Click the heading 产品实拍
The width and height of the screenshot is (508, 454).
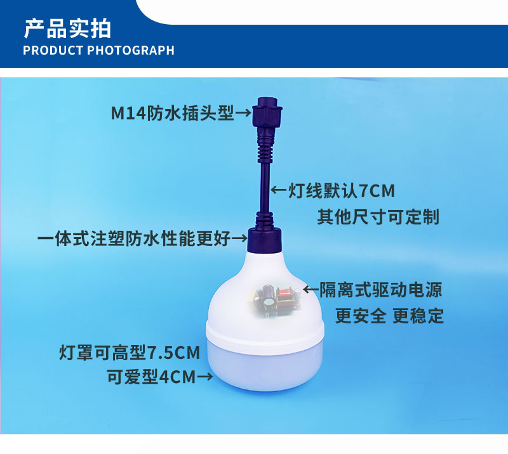[67, 29]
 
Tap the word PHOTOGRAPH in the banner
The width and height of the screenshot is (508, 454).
[131, 51]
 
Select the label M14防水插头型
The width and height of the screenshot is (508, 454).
[172, 113]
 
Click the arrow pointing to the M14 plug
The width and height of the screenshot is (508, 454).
[243, 113]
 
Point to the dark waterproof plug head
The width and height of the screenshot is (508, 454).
[267, 112]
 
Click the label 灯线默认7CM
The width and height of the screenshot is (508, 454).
[342, 191]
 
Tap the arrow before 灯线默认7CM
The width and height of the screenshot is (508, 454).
[279, 190]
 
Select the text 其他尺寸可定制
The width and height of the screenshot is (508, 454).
[378, 217]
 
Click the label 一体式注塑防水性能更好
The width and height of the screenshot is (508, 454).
[134, 238]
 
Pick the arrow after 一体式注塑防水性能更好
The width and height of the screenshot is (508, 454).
[239, 239]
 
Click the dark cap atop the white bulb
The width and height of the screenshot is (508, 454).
[264, 240]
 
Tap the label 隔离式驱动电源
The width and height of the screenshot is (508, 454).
[380, 290]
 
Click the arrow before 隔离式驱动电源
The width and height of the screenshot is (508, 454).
[311, 289]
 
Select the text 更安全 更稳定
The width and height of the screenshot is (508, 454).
[389, 316]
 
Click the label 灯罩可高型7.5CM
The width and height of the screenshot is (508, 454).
[130, 353]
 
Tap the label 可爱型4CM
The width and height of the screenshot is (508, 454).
[152, 377]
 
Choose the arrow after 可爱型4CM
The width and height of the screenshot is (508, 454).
[204, 377]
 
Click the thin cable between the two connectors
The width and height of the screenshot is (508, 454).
[265, 188]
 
